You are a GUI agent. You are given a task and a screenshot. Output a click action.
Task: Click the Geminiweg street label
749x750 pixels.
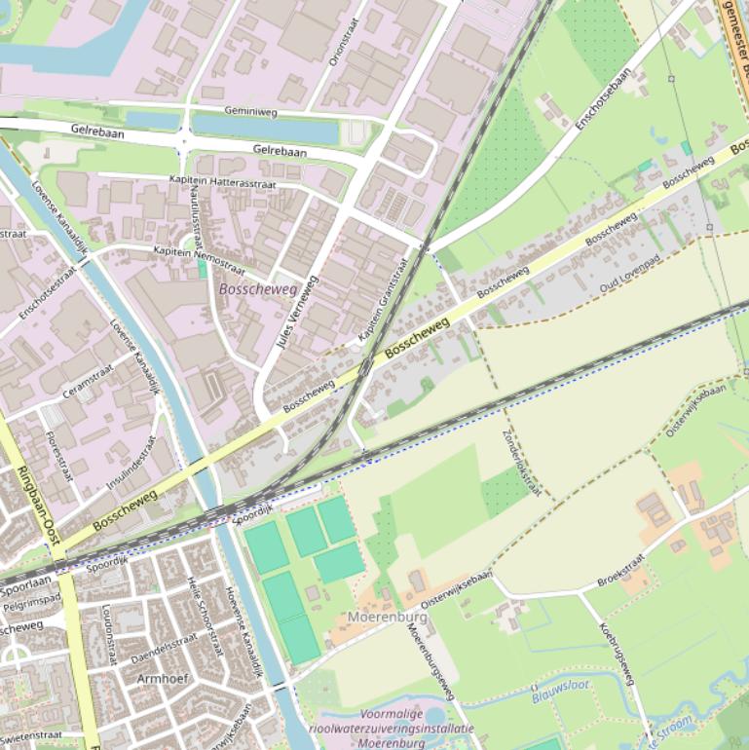(250, 112)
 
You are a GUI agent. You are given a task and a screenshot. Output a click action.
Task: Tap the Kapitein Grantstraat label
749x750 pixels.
(385, 299)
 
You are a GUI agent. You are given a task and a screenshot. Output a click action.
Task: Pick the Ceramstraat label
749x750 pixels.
(89, 379)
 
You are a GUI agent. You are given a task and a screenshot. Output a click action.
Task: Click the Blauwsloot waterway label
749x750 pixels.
(561, 693)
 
